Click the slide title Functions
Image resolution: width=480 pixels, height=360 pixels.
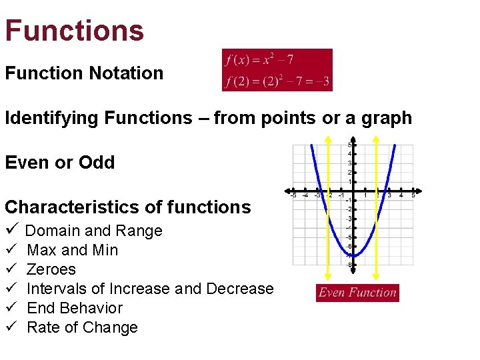74,30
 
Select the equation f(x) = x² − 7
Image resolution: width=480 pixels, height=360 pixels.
259,60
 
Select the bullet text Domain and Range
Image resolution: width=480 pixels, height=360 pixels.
93,231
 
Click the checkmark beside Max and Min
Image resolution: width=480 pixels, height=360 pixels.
11,250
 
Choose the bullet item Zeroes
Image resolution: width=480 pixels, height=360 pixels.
51,269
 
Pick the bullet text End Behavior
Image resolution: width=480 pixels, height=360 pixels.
75,308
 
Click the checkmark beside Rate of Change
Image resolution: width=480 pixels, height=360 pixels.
11,327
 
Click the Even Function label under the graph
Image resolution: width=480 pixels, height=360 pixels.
357,293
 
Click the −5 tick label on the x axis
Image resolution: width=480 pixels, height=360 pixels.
293,195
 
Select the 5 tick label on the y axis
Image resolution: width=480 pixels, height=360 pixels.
349,145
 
